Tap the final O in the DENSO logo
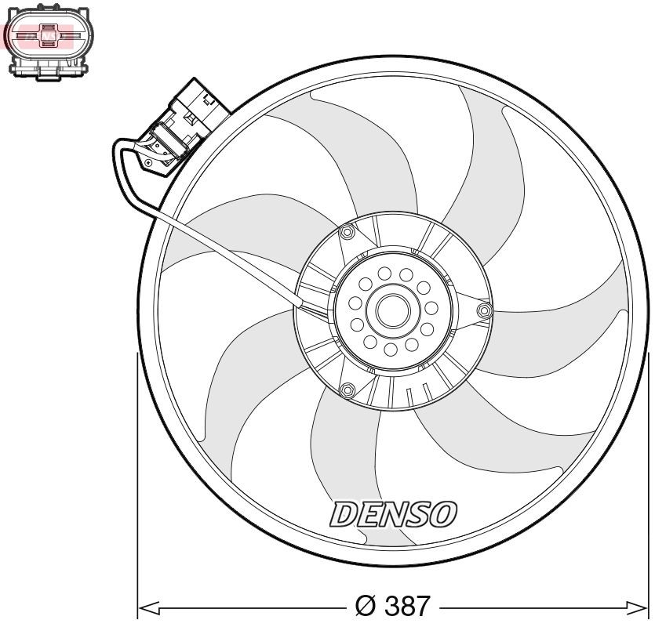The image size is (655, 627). click(442, 514)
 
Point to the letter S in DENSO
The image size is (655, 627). click(416, 514)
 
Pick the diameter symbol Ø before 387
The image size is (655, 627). click(366, 605)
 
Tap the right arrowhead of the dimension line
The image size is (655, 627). click(640, 606)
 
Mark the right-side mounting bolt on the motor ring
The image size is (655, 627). click(484, 313)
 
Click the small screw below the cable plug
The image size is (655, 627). click(148, 163)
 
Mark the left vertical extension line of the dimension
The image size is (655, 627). click(139, 478)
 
